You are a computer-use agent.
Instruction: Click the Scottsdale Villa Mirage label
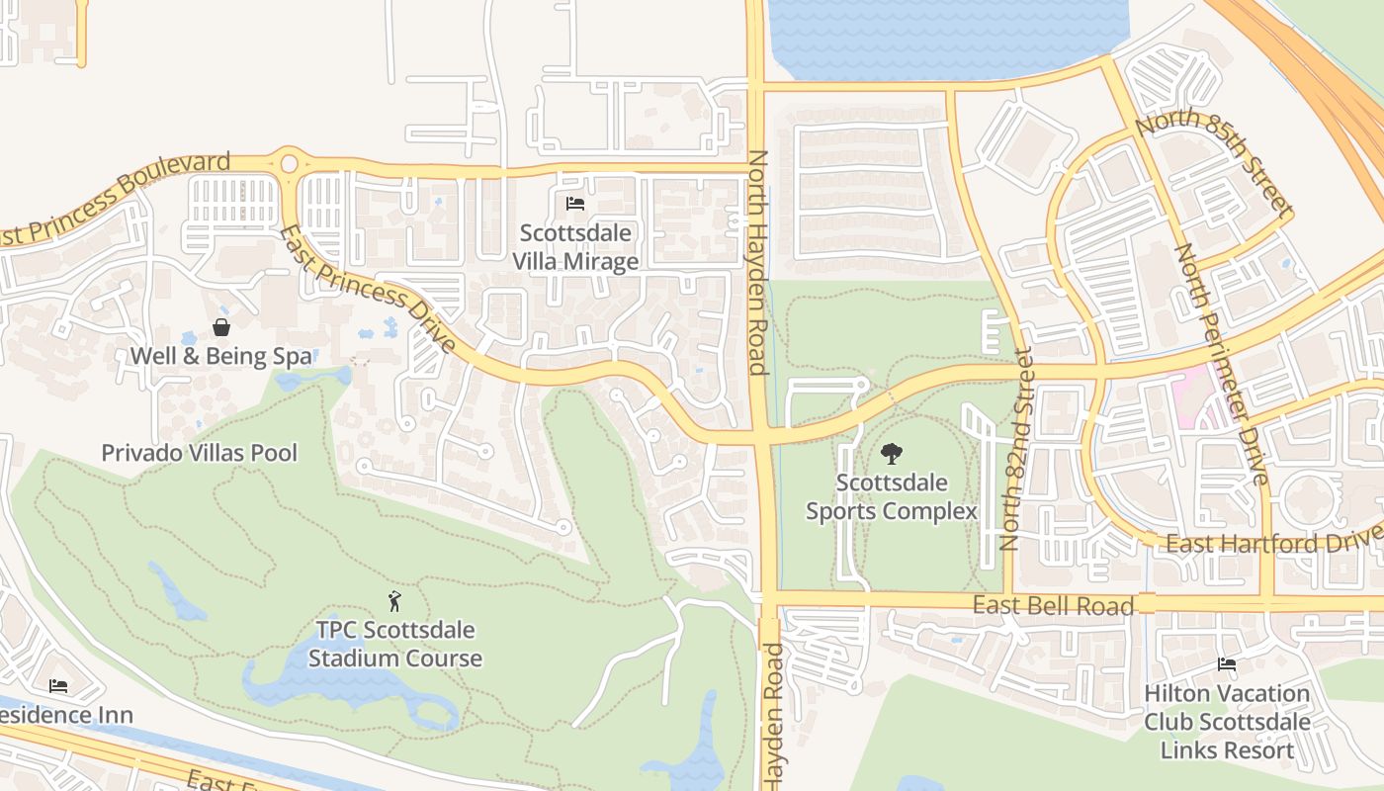[575, 247]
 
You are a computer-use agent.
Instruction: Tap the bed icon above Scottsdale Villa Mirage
[575, 205]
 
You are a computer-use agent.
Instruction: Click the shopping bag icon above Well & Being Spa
[221, 327]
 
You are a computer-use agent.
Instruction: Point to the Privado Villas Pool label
[199, 453]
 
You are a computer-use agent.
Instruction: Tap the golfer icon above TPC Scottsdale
[394, 600]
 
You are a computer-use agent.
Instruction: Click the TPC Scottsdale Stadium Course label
[394, 644]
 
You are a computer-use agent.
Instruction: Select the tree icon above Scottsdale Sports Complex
[891, 454]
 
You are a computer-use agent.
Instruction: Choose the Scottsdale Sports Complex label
[891, 497]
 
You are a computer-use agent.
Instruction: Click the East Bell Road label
[1053, 605]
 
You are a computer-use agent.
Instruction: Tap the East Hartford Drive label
[1269, 542]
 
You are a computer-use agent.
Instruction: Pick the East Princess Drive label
[367, 289]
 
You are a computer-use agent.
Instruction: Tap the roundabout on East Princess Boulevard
[289, 163]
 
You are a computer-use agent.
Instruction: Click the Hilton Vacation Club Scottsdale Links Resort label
[1227, 722]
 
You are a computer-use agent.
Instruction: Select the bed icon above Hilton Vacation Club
[1227, 665]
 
